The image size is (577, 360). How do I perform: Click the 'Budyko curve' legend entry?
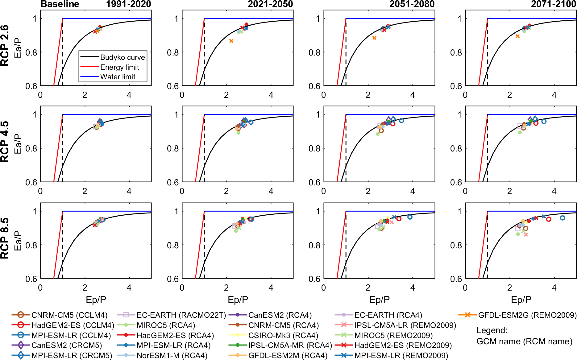click(x=122, y=57)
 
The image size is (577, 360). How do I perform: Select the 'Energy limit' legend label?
click(x=119, y=67)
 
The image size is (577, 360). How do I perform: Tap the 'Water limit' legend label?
click(x=118, y=77)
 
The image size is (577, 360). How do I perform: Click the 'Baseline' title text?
click(x=60, y=4)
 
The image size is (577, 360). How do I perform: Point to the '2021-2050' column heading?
click(x=270, y=4)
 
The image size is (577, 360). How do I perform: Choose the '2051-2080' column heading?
click(x=412, y=4)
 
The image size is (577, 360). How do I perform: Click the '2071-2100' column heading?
click(x=554, y=4)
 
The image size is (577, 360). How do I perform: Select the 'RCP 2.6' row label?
click(x=5, y=46)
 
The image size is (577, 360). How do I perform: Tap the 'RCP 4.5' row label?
click(x=5, y=142)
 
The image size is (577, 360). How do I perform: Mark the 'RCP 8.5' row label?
click(x=5, y=238)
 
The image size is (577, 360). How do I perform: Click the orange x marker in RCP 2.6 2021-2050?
click(x=231, y=41)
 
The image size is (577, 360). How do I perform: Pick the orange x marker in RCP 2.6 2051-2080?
click(x=374, y=38)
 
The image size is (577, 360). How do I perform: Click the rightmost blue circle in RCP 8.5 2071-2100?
click(x=562, y=218)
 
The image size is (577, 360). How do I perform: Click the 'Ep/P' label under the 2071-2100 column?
click(x=521, y=300)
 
